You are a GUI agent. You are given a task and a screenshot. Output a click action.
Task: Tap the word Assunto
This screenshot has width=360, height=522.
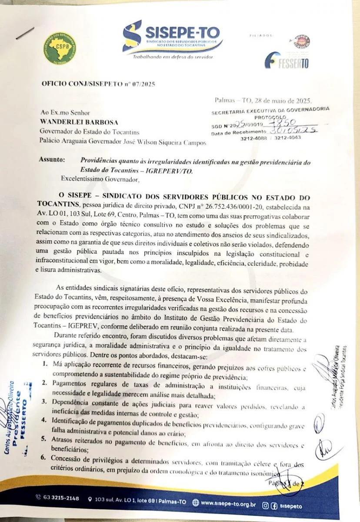[52, 160]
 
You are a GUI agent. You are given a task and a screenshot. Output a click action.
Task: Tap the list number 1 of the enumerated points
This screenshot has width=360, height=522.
[45, 363]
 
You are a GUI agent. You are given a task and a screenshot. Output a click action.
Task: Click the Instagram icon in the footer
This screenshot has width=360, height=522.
[265, 506]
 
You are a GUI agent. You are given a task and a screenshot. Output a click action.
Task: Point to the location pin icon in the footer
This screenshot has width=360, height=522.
[90, 499]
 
